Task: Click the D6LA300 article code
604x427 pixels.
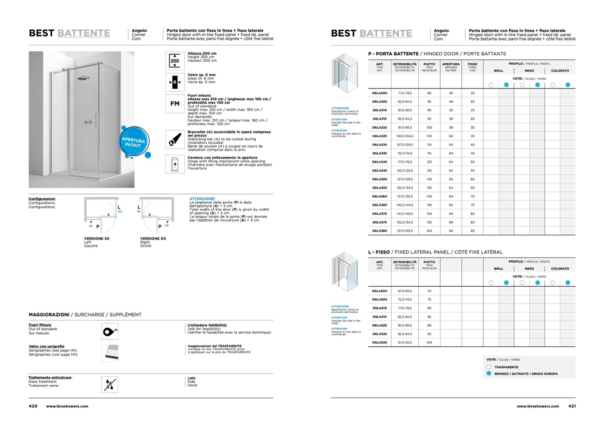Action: click(x=380, y=93)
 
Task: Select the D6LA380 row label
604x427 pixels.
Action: click(x=380, y=231)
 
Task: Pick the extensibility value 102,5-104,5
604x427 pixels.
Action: click(x=405, y=136)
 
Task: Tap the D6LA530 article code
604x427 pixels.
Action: click(x=380, y=342)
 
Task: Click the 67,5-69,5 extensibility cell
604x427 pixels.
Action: click(x=405, y=291)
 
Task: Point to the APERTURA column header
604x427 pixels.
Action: click(x=451, y=64)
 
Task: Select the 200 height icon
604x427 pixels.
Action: click(x=175, y=61)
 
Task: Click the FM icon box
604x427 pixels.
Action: click(x=175, y=104)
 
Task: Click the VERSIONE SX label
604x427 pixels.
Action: click(x=97, y=239)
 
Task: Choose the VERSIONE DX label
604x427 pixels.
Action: click(x=153, y=239)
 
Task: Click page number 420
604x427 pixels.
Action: click(x=33, y=406)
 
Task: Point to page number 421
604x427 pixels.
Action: click(x=572, y=406)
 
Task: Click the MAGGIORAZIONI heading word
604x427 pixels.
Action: click(x=49, y=315)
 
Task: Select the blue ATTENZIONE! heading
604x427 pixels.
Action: click(x=202, y=199)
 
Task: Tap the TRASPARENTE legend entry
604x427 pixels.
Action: click(x=506, y=367)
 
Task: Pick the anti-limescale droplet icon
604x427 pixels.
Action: click(x=110, y=384)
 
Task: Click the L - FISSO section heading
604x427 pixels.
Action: click(x=379, y=252)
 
